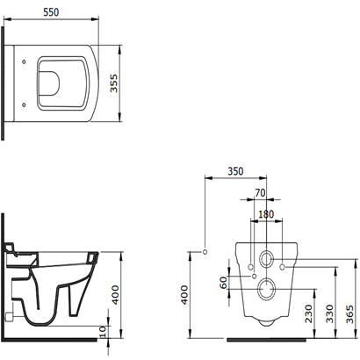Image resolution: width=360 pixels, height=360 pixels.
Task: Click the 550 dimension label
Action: coord(51,12)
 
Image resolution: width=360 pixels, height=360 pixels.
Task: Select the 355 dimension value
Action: coord(113,83)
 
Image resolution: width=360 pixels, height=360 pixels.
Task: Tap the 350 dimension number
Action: coord(235,171)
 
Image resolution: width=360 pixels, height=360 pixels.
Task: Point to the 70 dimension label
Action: coord(260,193)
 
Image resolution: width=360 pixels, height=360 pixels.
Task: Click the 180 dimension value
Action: coord(266,214)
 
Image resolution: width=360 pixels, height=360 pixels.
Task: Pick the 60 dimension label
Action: coord(224,283)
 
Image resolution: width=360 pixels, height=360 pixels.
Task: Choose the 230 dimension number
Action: coord(308,313)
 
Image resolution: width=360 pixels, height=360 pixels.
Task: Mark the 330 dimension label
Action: coord(330,313)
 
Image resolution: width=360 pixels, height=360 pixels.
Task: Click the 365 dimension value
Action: coord(350,313)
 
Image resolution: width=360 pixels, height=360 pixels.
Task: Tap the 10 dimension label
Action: coord(103,332)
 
